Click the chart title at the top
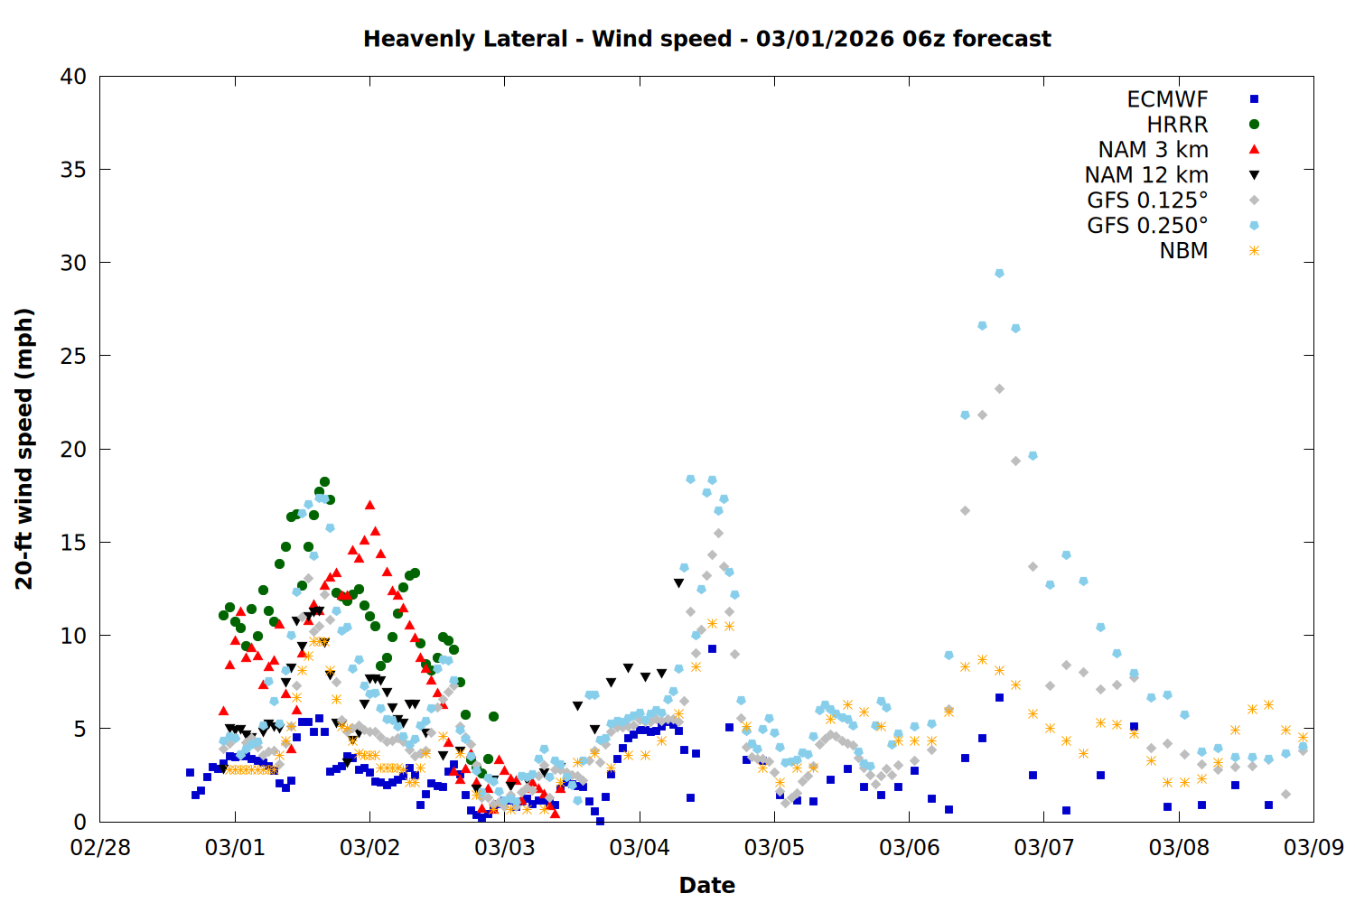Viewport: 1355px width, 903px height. pyautogui.click(x=706, y=39)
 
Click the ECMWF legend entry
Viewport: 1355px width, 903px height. pyautogui.click(x=1167, y=99)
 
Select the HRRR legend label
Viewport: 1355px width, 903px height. pyautogui.click(x=1177, y=125)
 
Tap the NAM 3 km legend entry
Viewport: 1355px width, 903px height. pyautogui.click(x=1153, y=150)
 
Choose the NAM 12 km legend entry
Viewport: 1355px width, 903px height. pyautogui.click(x=1146, y=175)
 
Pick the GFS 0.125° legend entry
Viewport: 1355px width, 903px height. pyautogui.click(x=1147, y=200)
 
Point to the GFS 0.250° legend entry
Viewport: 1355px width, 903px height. pyautogui.click(x=1147, y=226)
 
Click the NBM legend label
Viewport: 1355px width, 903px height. pyautogui.click(x=1183, y=251)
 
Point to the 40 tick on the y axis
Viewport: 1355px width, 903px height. pyautogui.click(x=73, y=77)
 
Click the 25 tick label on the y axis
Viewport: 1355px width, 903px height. pyautogui.click(x=73, y=356)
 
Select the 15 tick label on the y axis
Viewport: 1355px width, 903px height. pyautogui.click(x=73, y=543)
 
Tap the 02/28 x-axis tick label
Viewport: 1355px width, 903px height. pyautogui.click(x=100, y=848)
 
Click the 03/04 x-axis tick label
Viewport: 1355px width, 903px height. pyautogui.click(x=640, y=848)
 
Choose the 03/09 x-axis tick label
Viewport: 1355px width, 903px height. pyautogui.click(x=1313, y=848)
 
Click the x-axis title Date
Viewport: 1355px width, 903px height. pyautogui.click(x=706, y=885)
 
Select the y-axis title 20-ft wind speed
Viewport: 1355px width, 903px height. pyautogui.click(x=24, y=449)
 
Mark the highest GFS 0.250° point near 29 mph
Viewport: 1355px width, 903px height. pyautogui.click(x=999, y=273)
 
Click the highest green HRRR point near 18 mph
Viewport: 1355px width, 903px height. pyautogui.click(x=324, y=482)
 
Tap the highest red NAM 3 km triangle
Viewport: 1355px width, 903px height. pyautogui.click(x=369, y=505)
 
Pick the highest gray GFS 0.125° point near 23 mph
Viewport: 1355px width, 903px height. pyautogui.click(x=999, y=388)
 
